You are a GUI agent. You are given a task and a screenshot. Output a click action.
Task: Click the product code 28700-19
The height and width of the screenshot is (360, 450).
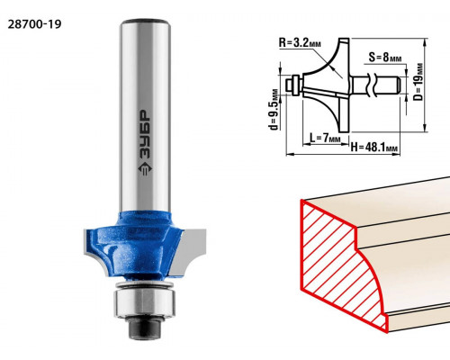[34, 24]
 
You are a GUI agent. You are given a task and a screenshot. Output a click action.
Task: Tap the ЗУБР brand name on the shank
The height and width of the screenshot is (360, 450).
[145, 135]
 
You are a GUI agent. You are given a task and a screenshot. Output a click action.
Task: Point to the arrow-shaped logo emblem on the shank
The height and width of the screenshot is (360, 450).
[145, 169]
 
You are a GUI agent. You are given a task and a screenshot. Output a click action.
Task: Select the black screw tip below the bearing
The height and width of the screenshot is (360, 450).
[145, 327]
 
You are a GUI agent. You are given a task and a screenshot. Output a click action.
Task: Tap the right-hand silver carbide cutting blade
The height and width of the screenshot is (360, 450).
[188, 251]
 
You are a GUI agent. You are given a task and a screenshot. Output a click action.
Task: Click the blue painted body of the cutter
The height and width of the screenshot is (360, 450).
[133, 246]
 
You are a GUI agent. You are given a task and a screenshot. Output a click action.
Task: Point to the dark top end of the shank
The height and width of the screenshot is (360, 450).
[145, 22]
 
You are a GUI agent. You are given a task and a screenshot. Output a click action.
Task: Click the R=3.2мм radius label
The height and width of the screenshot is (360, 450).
[300, 43]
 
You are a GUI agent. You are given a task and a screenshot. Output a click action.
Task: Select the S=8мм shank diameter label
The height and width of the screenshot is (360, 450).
[385, 57]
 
